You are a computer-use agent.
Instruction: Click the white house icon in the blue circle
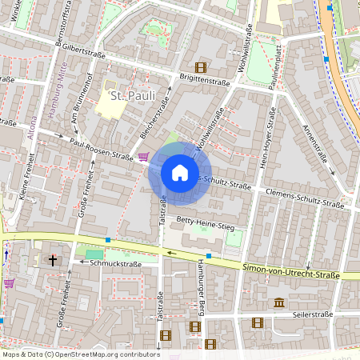tap(180, 173)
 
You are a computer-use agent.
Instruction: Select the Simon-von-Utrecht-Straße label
tap(292, 274)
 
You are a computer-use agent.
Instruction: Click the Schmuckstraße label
tap(115, 262)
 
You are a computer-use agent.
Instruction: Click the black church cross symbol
tap(53, 260)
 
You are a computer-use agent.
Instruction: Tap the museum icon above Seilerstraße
tap(278, 302)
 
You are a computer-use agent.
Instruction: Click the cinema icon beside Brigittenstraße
tap(199, 67)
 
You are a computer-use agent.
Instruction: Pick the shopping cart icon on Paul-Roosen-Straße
tap(143, 157)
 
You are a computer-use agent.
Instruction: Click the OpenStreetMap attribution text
tap(80, 354)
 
